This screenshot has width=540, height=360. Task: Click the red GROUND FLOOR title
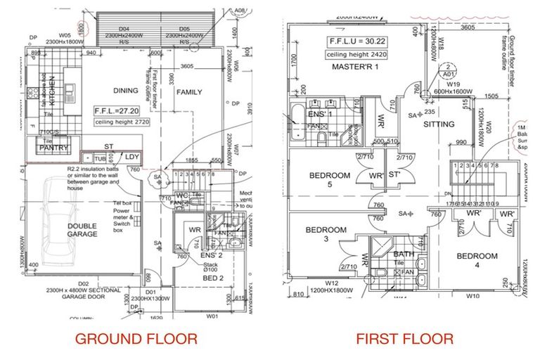pyautogui.click(x=136, y=339)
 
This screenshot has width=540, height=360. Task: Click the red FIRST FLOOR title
pyautogui.click(x=404, y=339)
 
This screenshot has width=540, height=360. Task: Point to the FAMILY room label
pyautogui.click(x=188, y=92)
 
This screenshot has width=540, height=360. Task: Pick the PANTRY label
pyautogui.click(x=53, y=148)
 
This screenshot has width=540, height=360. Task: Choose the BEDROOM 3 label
pyautogui.click(x=326, y=234)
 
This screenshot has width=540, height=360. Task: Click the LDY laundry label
pyautogui.click(x=132, y=156)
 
